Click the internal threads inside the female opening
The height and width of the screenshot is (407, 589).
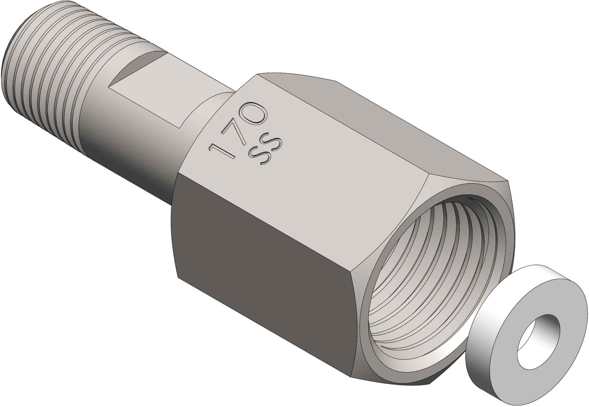tap(408, 276)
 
